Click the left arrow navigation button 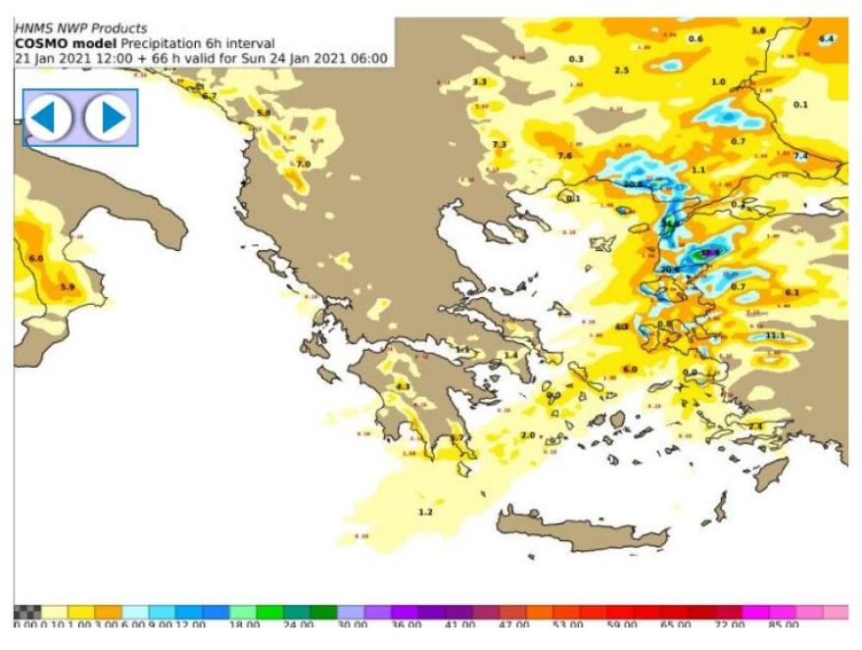(x=49, y=118)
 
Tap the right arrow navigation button (x=108, y=118)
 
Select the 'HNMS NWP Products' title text (x=80, y=28)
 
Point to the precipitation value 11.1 (x=775, y=335)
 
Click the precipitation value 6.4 (x=826, y=38)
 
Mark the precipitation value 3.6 (x=758, y=30)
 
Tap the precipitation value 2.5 (x=621, y=70)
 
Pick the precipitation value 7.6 (x=564, y=156)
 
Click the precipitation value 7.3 (x=500, y=144)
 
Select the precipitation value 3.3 (x=480, y=81)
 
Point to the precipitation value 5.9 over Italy (x=68, y=286)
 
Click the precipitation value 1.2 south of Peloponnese (x=425, y=512)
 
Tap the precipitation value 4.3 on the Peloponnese (x=403, y=386)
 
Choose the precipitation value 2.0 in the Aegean (x=528, y=434)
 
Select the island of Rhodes (x=771, y=474)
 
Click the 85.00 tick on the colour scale (x=783, y=624)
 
